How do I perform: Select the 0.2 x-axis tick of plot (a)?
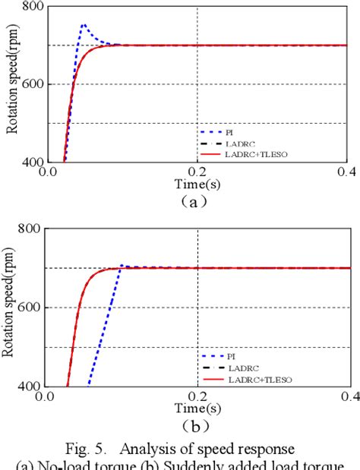point(197,172)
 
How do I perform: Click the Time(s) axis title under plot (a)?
point(196,185)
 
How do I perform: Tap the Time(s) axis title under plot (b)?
point(196,409)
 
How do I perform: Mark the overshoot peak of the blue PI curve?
point(84,25)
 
